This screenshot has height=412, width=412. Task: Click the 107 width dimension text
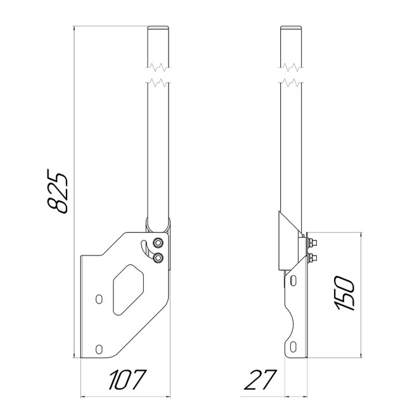[126, 380]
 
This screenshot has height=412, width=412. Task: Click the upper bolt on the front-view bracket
[158, 243]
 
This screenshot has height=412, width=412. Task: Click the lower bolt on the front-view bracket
[158, 257]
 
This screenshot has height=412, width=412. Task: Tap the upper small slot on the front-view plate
[98, 299]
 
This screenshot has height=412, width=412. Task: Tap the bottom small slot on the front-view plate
[98, 348]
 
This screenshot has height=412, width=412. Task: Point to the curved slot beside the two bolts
[147, 249]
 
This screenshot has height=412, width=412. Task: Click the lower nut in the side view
[312, 257]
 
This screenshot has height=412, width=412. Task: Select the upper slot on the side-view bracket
[292, 279]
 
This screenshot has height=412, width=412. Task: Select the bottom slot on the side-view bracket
[292, 347]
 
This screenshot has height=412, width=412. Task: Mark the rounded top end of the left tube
[158, 28]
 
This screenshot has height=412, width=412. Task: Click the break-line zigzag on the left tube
[158, 74]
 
